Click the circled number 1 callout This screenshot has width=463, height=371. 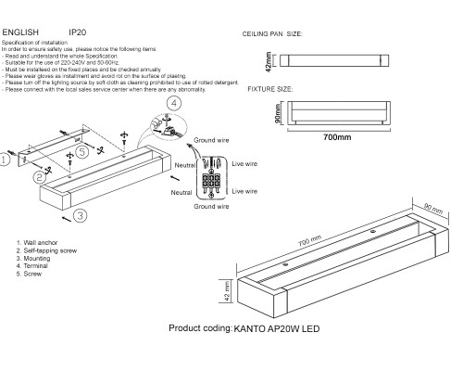point(6,160)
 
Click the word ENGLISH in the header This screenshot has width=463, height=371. point(20,32)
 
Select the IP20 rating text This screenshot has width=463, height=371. point(80,32)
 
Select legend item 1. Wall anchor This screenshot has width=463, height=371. point(39,242)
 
